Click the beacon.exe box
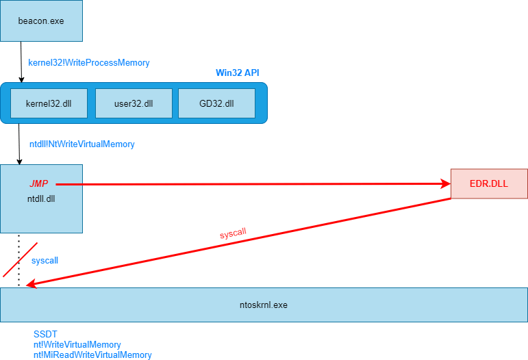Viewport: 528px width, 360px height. click(41, 21)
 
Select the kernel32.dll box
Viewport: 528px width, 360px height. click(49, 103)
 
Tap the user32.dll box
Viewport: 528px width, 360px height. click(134, 103)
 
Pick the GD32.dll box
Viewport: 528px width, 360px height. click(216, 103)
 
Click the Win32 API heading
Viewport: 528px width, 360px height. click(238, 73)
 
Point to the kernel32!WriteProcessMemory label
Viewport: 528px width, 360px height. click(89, 62)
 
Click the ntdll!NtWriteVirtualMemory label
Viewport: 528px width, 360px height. click(81, 144)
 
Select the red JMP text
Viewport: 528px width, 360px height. click(39, 183)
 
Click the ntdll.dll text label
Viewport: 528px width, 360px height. click(41, 199)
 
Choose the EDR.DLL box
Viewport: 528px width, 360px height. click(489, 183)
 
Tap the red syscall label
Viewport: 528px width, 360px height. click(233, 233)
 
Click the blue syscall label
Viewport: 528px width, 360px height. click(45, 260)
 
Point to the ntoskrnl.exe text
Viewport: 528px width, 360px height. click(264, 305)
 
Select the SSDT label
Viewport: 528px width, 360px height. click(45, 334)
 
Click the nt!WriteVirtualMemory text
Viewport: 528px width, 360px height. click(77, 344)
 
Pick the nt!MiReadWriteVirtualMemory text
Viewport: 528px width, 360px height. click(92, 355)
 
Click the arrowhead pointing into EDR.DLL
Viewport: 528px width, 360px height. click(446, 183)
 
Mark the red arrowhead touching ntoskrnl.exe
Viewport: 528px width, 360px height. click(31, 284)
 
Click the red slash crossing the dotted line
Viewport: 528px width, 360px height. click(21, 260)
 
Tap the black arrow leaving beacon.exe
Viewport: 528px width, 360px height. click(21, 62)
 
